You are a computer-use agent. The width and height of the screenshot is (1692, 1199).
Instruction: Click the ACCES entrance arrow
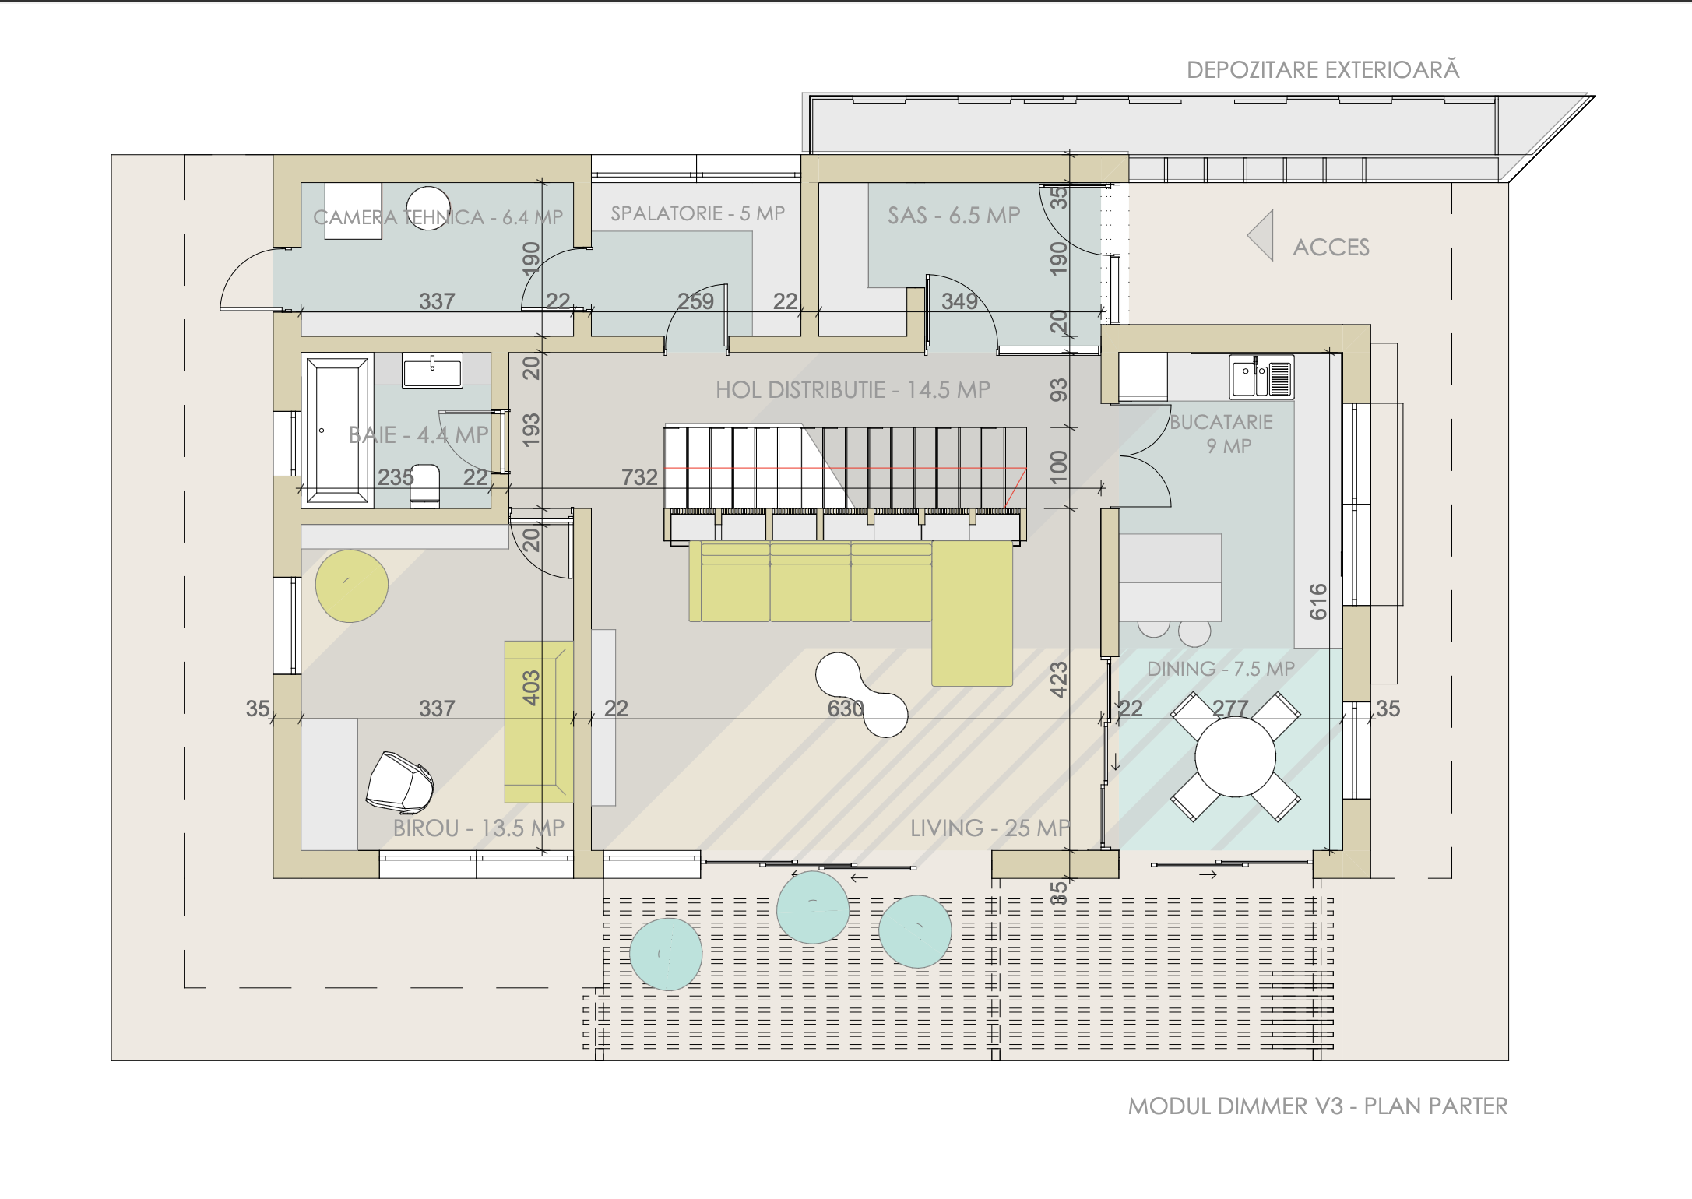coord(1261,235)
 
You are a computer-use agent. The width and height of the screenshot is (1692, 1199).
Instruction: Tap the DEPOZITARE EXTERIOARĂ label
coord(1323,69)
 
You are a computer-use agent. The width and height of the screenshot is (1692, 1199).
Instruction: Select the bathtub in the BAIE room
coord(337,430)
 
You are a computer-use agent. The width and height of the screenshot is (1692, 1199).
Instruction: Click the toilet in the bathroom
coord(424,487)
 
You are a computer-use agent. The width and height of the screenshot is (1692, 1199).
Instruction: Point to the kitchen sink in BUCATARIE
coord(1261,377)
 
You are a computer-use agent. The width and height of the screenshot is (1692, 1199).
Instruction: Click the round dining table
coord(1236,757)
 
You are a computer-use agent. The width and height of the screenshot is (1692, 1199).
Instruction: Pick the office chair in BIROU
coord(399,782)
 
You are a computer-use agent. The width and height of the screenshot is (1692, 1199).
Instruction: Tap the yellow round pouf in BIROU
coord(352,586)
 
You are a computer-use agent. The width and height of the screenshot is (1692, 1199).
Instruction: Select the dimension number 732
coord(639,477)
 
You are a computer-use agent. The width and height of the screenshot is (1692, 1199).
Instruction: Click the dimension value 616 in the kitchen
coord(1318,601)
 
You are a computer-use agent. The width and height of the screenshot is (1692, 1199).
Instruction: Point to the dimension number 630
coord(846,708)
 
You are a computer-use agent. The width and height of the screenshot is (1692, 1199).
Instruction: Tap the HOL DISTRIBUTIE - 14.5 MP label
coord(853,390)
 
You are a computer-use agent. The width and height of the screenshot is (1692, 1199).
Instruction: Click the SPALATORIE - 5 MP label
coord(698,213)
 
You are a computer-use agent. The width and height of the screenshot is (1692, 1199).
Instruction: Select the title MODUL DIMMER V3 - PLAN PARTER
coord(1317,1106)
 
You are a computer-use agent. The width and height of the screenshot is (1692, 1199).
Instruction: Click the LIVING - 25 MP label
coord(990,828)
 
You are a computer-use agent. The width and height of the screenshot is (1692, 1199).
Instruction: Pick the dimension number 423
coord(1058,680)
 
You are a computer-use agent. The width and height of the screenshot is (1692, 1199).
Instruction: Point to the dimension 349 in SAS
coord(959,301)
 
